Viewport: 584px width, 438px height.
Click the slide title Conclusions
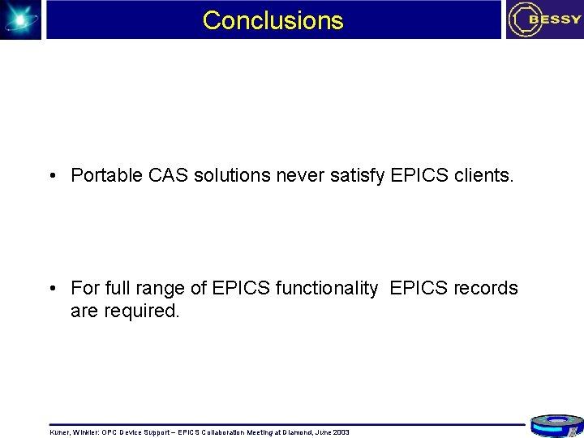tap(273, 20)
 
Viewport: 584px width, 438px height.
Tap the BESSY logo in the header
tap(544, 19)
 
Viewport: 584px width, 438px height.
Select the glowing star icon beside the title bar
tap(20, 19)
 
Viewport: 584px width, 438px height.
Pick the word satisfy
tap(359, 175)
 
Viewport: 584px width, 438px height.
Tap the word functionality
tap(328, 289)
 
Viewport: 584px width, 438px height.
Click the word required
tap(141, 311)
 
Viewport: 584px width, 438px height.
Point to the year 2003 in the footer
tap(341, 432)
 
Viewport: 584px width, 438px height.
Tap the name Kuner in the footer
tap(60, 432)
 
